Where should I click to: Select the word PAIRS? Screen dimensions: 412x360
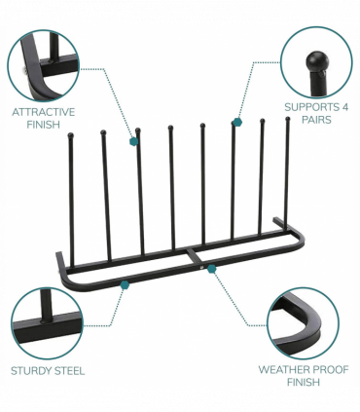pyautogui.click(x=316, y=120)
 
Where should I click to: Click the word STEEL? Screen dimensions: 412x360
pyautogui.click(x=69, y=370)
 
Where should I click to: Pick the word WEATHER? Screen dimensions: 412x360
pyautogui.click(x=280, y=370)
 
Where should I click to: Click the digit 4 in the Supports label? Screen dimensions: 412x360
pyautogui.click(x=345, y=106)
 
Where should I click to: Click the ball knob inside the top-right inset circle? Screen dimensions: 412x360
pyautogui.click(x=314, y=60)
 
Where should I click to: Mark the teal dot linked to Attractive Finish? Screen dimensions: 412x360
pyautogui.click(x=134, y=141)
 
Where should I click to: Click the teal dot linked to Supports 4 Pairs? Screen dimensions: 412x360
pyautogui.click(x=236, y=123)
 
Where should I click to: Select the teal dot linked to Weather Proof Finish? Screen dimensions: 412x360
pyautogui.click(x=211, y=268)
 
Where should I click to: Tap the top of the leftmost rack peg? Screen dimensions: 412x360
pyautogui.click(x=70, y=135)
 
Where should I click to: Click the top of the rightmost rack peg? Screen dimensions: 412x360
pyautogui.click(x=287, y=119)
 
